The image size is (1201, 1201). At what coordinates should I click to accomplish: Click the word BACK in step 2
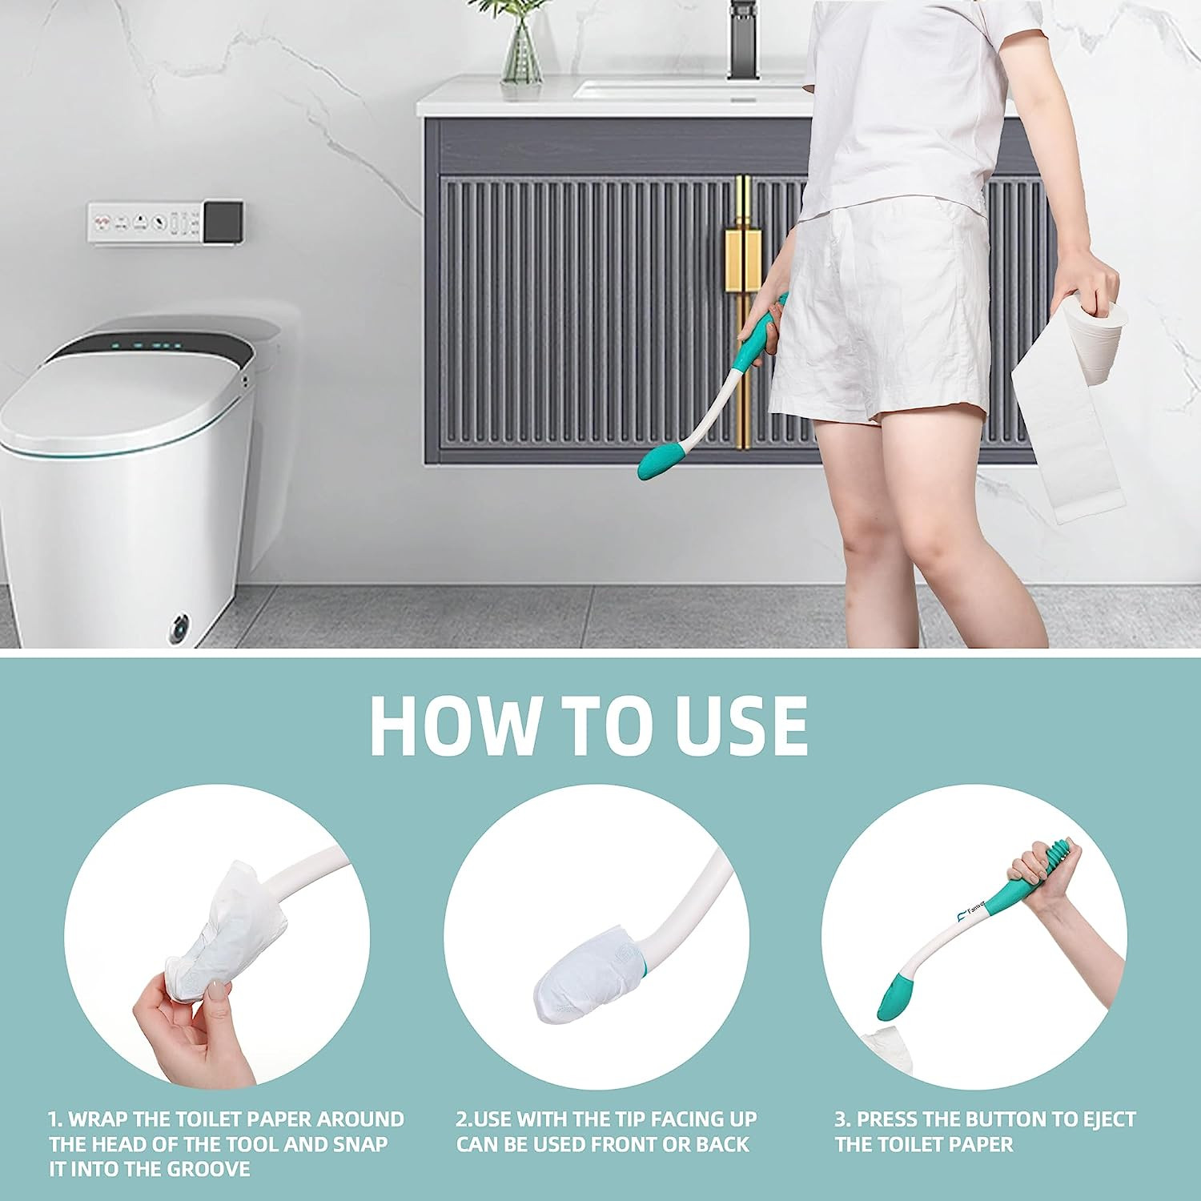tap(722, 1144)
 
